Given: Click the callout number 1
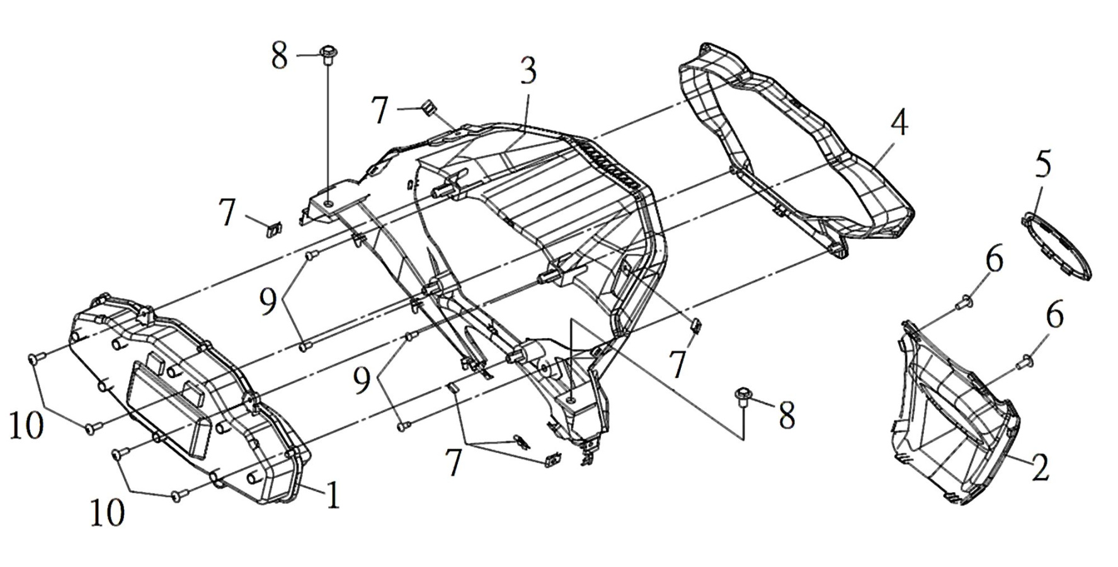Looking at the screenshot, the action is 333,494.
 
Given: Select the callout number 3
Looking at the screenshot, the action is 528,71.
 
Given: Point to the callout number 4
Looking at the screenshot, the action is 899,123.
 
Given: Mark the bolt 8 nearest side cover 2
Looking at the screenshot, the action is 743,398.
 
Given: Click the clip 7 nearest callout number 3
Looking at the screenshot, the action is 428,108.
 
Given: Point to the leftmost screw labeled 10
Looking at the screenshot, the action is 35,358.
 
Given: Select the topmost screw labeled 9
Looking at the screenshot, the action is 310,256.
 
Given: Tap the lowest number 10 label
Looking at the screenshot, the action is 108,513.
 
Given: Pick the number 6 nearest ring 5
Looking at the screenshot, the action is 995,260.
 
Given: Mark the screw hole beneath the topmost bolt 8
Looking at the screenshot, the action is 328,203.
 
